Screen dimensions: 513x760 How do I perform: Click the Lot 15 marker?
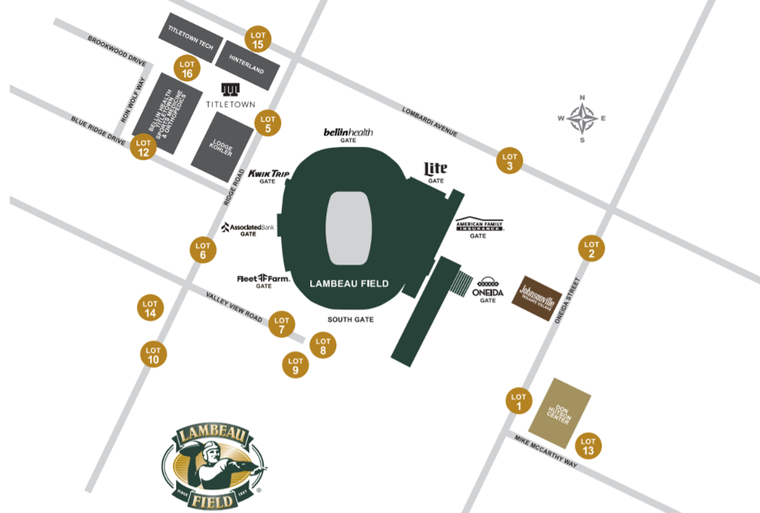[258, 39]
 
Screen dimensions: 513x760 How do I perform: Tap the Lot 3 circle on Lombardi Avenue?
[509, 160]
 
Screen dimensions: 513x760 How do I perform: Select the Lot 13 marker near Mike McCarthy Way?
[588, 446]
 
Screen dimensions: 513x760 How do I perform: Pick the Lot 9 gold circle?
[295, 365]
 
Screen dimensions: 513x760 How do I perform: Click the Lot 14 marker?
[150, 308]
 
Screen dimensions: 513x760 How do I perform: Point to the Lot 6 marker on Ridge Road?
[203, 250]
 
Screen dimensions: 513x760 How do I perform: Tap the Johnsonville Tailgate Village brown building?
[536, 298]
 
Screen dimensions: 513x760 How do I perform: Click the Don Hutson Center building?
[560, 413]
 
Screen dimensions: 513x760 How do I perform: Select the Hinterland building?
[247, 65]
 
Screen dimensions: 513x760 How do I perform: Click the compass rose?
[582, 118]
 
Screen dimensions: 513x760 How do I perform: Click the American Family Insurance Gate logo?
[479, 224]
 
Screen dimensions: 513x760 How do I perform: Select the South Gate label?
[350, 320]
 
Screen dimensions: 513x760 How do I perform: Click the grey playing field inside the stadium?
[349, 228]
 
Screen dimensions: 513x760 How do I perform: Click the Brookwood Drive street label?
[117, 51]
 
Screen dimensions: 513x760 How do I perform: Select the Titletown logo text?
[231, 104]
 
